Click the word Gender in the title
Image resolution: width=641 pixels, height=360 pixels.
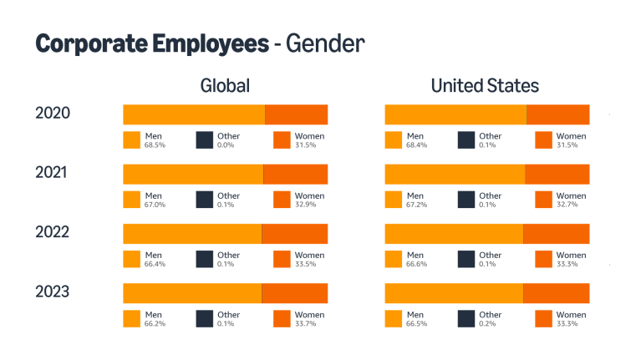click(x=325, y=43)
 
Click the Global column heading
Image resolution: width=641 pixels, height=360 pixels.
click(x=225, y=86)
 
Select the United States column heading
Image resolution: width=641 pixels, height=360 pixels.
click(x=485, y=86)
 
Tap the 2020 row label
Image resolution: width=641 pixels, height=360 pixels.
click(x=52, y=114)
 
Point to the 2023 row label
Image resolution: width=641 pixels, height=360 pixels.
click(x=52, y=292)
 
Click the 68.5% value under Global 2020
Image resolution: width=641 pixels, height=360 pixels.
click(x=154, y=145)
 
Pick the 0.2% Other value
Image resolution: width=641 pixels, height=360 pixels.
click(x=487, y=324)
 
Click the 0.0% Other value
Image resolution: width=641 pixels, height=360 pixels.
click(x=226, y=145)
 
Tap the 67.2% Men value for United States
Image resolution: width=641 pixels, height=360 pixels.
click(x=415, y=205)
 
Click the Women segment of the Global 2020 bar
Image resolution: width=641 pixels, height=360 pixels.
click(x=296, y=114)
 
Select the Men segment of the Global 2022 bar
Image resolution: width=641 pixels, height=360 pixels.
click(x=192, y=234)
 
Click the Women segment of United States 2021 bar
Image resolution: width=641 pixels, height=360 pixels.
click(x=557, y=174)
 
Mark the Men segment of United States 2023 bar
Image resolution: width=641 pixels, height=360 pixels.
click(x=454, y=293)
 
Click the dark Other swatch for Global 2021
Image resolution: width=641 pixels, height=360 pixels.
click(x=204, y=200)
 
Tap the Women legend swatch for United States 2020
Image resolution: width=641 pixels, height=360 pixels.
click(x=543, y=140)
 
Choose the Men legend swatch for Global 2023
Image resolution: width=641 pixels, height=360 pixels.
click(x=131, y=319)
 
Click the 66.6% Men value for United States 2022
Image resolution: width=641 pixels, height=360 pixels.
click(x=415, y=265)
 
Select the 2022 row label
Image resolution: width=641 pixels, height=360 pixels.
click(x=52, y=233)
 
